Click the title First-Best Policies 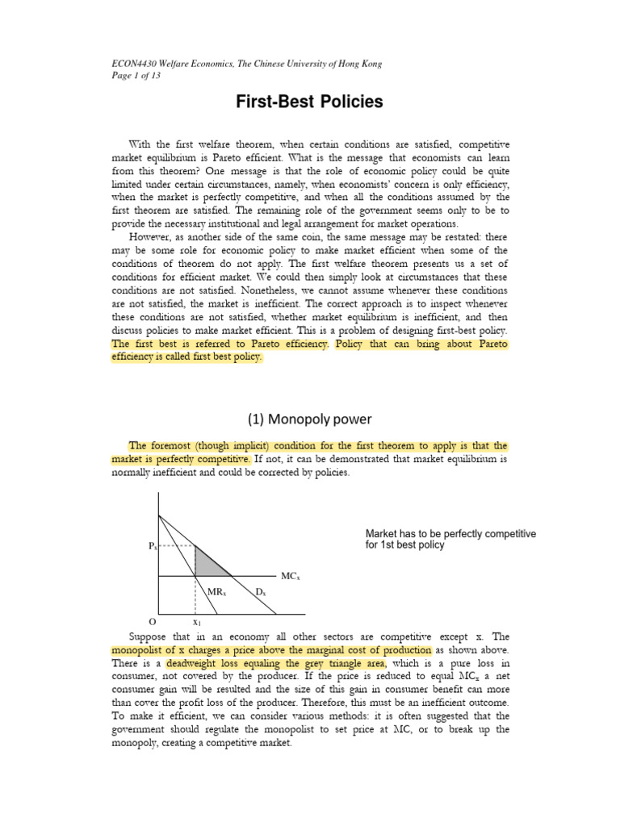[309, 102]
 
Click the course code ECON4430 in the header [135, 64]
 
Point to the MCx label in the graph [290, 576]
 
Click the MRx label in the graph [216, 592]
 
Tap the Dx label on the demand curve [261, 592]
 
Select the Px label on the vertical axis [153, 546]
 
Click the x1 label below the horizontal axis [196, 623]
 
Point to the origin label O [152, 623]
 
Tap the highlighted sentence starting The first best [220, 344]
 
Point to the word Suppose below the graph [153, 636]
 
